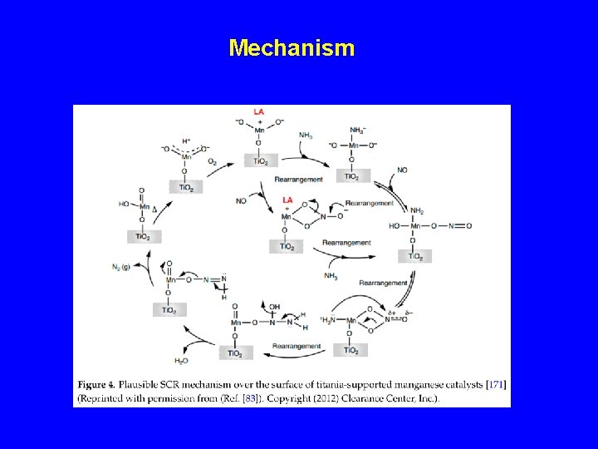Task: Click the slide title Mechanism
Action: pyautogui.click(x=292, y=47)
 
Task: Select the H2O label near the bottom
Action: pyautogui.click(x=181, y=361)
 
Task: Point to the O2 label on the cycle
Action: pyautogui.click(x=213, y=161)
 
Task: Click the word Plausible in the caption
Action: pyautogui.click(x=158, y=384)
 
